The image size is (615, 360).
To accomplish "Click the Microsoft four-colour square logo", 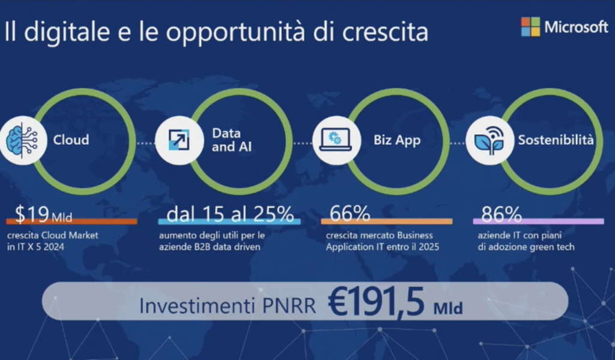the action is click(x=530, y=26).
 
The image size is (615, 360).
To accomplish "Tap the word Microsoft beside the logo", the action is click(x=576, y=27).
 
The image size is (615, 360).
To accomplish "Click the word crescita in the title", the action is click(x=385, y=31).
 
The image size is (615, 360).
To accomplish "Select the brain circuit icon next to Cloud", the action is click(x=22, y=140).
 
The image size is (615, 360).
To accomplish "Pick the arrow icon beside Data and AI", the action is click(x=179, y=140).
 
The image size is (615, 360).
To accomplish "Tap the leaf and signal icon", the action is click(x=489, y=140).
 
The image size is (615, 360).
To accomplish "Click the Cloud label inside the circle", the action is click(x=71, y=140).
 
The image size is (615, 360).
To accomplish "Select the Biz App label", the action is click(x=397, y=140).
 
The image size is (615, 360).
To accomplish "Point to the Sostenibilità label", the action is click(x=556, y=140).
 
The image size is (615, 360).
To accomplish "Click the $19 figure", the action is click(x=31, y=214).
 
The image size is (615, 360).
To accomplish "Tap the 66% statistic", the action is click(x=350, y=213).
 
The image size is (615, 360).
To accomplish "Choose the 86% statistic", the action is click(x=501, y=215).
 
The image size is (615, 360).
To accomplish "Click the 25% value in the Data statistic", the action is click(x=274, y=214).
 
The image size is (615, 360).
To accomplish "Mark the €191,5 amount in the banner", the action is click(x=377, y=302).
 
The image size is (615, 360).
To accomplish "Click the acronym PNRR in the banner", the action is click(x=289, y=307).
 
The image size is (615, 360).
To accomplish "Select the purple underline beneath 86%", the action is click(x=538, y=221).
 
